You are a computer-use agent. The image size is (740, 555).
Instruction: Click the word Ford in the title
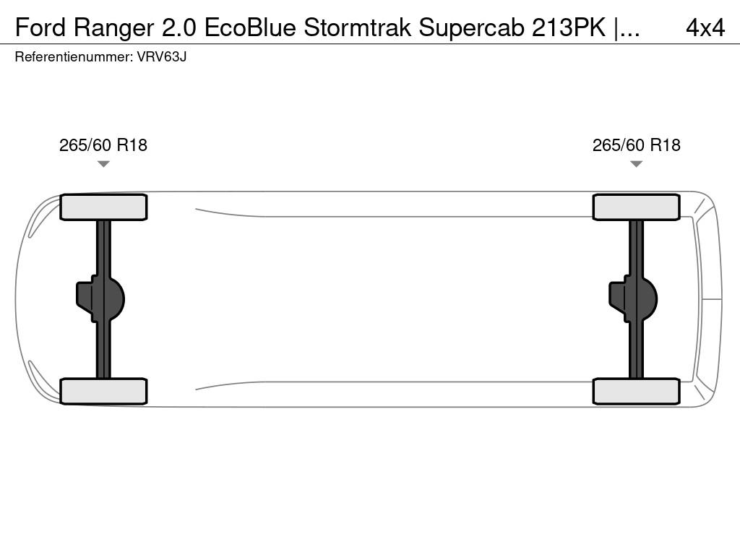(40, 27)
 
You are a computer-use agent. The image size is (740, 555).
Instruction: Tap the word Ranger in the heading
(113, 28)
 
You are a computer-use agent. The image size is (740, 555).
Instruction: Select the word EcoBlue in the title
(250, 27)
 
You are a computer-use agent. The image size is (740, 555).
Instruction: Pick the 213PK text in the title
(569, 27)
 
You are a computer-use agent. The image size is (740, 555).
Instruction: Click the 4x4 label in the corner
(705, 27)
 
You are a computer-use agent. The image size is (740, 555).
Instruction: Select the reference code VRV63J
(161, 57)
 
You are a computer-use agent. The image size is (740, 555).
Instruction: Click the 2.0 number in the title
(179, 27)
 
